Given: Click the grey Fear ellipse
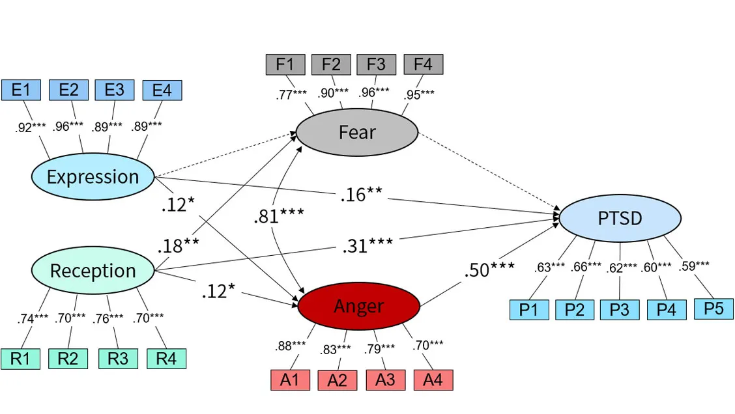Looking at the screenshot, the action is point(356,133).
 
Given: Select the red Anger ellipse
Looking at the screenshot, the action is point(358,306).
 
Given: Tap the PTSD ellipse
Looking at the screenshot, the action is point(620,218).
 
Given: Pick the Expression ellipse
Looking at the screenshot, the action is point(93,176).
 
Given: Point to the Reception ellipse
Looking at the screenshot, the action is point(93,270).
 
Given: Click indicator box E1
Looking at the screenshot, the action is point(21,90).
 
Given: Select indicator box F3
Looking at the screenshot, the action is point(377,64).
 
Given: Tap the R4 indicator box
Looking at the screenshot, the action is point(166,359).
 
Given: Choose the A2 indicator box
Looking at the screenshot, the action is point(338,379).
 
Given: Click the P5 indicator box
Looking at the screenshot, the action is point(713,309).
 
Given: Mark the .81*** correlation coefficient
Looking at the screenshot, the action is point(279,216).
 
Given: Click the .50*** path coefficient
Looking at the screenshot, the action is point(489,269).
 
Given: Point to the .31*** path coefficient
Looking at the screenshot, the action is point(367,245).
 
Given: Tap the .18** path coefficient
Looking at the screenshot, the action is point(178,245).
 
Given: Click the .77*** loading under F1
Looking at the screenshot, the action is point(291,94).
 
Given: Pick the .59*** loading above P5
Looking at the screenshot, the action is point(694,266).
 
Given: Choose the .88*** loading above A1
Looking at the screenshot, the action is point(290,346).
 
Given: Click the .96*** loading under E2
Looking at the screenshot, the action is point(68,126).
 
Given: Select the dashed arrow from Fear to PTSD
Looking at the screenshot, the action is point(489,172).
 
